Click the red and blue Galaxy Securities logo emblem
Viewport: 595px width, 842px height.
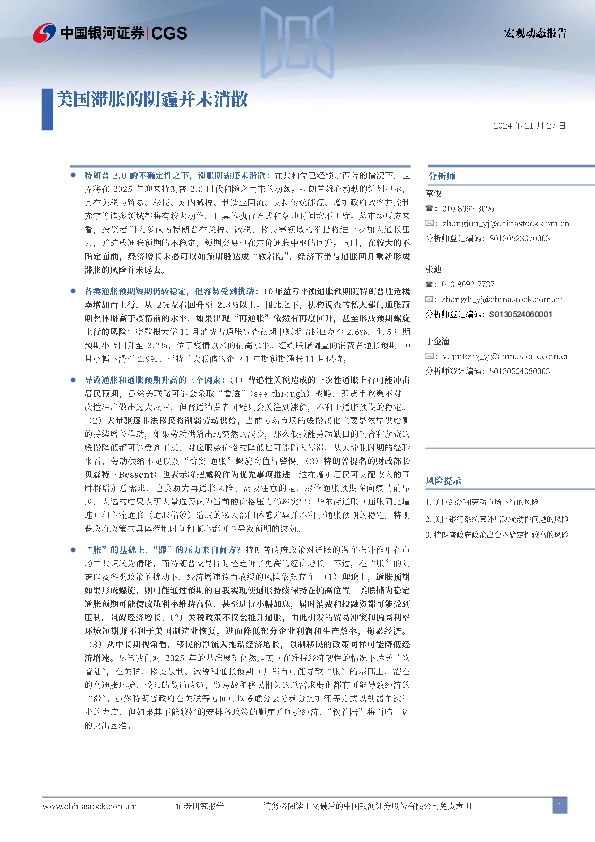42,32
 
